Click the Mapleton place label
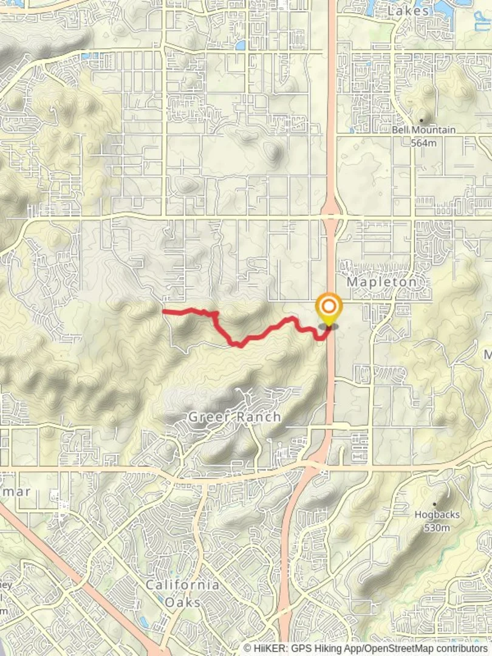(381, 282)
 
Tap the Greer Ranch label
(234, 417)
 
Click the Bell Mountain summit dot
(422, 120)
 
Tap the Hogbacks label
(437, 514)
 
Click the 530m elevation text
(437, 527)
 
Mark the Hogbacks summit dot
(435, 504)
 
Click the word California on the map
(182, 585)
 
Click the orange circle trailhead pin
(329, 306)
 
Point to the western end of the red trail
(164, 311)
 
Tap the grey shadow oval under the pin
(329, 327)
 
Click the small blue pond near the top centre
(241, 45)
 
